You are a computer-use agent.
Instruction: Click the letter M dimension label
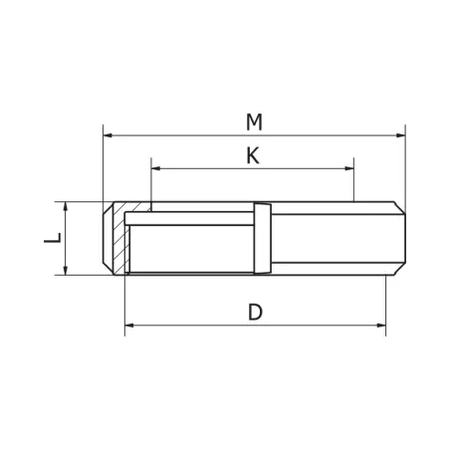(x=255, y=121)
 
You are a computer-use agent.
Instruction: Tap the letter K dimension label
(x=253, y=156)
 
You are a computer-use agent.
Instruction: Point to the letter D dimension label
(x=255, y=312)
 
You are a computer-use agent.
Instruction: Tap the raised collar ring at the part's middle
(x=262, y=238)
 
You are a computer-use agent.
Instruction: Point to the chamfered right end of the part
(x=401, y=238)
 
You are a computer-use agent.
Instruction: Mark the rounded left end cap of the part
(x=107, y=238)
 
